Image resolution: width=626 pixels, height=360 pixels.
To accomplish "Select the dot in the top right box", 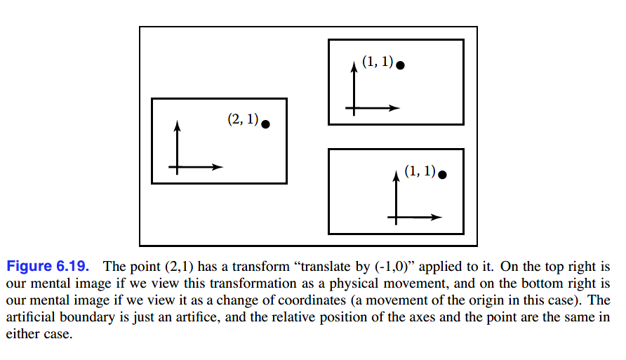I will pyautogui.click(x=400, y=65).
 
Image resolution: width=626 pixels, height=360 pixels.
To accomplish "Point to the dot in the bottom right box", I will pyautogui.click(x=442, y=174).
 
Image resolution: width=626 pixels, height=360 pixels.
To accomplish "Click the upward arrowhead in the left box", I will pyautogui.click(x=178, y=125).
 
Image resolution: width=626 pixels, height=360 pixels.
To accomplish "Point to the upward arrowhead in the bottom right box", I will pyautogui.click(x=397, y=175).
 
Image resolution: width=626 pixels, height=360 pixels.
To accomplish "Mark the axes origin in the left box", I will pyautogui.click(x=178, y=167).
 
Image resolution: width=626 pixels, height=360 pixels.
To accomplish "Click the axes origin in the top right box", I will pyautogui.click(x=354, y=108).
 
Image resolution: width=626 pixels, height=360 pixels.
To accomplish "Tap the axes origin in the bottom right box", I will pyautogui.click(x=397, y=218).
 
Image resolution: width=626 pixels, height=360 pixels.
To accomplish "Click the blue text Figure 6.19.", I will pyautogui.click(x=48, y=267).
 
